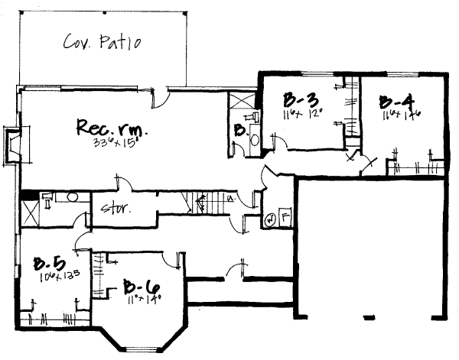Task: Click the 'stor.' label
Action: [116, 206]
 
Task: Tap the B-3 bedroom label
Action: [301, 99]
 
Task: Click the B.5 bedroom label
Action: [48, 264]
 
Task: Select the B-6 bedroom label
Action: [143, 288]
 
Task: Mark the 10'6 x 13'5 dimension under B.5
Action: [51, 277]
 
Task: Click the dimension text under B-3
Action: [301, 114]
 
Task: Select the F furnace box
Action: [284, 217]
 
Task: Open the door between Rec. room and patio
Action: [162, 96]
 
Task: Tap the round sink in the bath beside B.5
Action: [72, 196]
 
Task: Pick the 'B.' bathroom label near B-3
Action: [239, 131]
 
